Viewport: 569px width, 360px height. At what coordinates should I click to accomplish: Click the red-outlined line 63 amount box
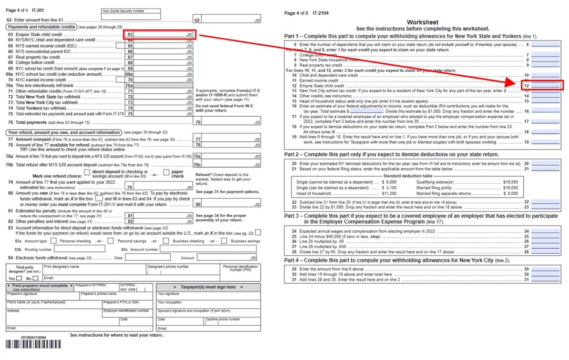pyautogui.click(x=159, y=35)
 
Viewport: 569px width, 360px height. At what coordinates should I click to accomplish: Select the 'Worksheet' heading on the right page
pyautogui.click(x=422, y=22)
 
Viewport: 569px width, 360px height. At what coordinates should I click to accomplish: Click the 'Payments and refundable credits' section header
pyautogui.click(x=41, y=27)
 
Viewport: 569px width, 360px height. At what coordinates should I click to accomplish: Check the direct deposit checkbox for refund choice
pyautogui.click(x=87, y=172)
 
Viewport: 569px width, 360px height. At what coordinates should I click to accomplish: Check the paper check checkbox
pyautogui.click(x=166, y=172)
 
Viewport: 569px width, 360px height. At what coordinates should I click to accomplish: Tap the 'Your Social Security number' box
pyautogui.click(x=131, y=16)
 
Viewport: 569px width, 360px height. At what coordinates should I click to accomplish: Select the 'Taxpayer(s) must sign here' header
pyautogui.click(x=208, y=287)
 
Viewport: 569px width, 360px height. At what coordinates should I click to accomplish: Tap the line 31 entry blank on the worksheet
pyautogui.click(x=545, y=280)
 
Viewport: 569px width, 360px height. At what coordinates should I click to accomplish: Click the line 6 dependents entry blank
pyautogui.click(x=545, y=44)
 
